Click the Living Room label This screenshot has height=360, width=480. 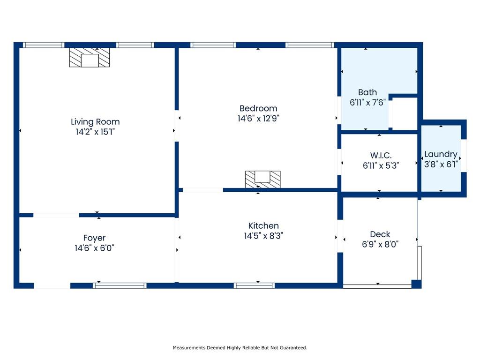95,122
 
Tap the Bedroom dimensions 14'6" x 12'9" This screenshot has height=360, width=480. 258,119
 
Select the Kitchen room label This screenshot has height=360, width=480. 263,225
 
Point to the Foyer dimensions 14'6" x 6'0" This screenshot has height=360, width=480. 94,248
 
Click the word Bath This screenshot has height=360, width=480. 367,92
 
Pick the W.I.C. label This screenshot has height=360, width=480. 381,155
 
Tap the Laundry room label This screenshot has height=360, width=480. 441,154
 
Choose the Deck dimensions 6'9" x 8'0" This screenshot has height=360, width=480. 380,244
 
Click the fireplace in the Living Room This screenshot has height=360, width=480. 90,57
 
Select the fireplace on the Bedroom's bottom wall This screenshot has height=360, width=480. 262,180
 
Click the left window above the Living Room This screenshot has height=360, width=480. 44,45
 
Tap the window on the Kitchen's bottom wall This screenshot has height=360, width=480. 254,285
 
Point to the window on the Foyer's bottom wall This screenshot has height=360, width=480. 120,285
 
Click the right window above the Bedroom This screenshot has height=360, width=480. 310,45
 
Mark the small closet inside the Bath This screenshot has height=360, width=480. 405,113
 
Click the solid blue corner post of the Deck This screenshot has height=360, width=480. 416,284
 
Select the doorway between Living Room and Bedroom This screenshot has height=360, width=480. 177,126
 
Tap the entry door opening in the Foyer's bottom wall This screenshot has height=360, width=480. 52,285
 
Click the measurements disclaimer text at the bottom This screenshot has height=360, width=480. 240,348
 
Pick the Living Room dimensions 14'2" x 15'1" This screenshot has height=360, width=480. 95,132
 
